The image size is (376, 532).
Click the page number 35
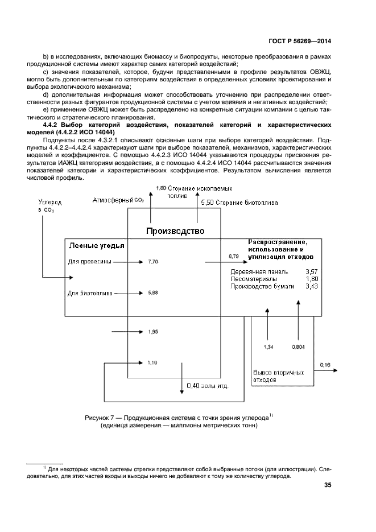coord(328,485)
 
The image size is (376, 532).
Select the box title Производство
coord(175,230)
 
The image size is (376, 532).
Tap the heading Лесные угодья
coord(97,246)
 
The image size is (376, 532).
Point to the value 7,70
coord(152,262)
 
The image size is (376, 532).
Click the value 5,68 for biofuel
coord(152,293)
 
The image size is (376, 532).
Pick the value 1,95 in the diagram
coord(152,331)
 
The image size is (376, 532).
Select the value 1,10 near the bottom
coord(152,362)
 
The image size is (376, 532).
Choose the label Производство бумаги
coord(262,286)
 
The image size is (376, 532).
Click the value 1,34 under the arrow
coord(269,346)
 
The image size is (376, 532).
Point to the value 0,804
coord(298,346)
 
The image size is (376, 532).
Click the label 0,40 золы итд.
coord(207,386)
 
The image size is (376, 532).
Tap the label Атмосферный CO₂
coord(118,200)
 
